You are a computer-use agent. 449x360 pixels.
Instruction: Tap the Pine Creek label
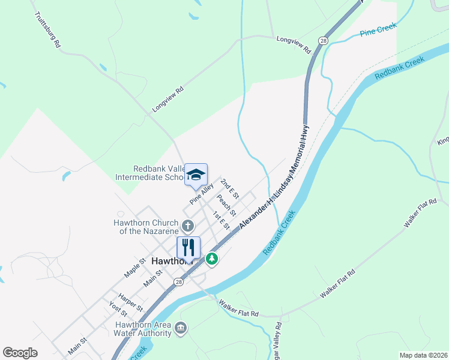tap(376, 31)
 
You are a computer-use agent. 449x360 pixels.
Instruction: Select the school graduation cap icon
tap(196, 174)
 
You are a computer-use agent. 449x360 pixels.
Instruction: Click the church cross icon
tap(188, 226)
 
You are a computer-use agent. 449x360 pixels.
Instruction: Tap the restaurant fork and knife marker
tap(188, 247)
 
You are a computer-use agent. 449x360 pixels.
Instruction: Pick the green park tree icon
tap(211, 259)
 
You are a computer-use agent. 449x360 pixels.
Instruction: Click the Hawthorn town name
tap(171, 262)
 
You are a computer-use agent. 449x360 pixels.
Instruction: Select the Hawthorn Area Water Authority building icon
tap(181, 328)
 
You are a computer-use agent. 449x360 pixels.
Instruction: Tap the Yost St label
tap(118, 310)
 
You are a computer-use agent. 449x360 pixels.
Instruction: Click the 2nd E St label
tap(230, 188)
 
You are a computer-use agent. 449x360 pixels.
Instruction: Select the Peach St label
tap(227, 205)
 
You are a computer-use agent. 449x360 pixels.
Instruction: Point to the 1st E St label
tap(221, 221)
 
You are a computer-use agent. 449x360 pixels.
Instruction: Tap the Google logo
tap(20, 353)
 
